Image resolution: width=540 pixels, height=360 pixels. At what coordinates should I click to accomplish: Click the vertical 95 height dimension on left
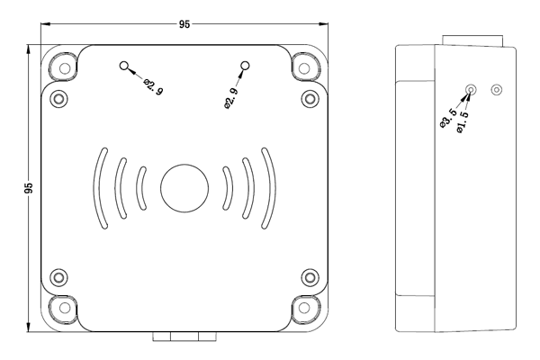click(x=29, y=189)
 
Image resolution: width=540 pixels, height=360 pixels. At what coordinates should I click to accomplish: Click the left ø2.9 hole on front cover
click(x=124, y=66)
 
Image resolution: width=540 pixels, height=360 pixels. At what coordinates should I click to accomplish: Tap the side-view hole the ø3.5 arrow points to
click(x=471, y=90)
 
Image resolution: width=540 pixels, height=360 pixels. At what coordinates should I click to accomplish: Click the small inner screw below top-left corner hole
click(x=59, y=97)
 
